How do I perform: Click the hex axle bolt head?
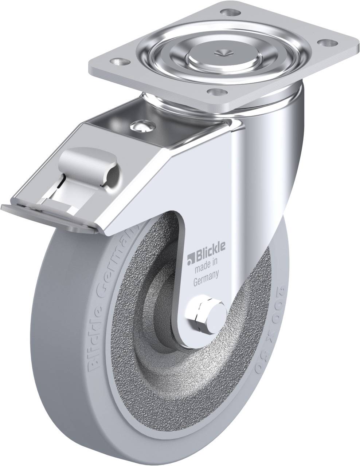(x=201, y=313)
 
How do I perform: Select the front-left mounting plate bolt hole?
(x=119, y=61)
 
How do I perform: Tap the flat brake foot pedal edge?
(x=47, y=215)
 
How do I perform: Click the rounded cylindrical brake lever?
(x=89, y=160)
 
